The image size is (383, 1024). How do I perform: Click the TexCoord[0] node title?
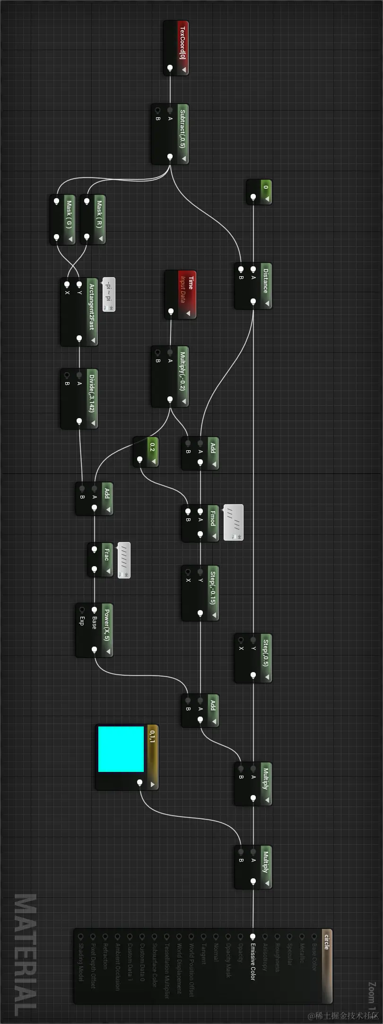183,43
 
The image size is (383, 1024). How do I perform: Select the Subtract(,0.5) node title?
183,129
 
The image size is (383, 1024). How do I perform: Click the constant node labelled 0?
265,188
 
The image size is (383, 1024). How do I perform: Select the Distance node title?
265,280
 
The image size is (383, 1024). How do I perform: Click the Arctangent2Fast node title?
91,306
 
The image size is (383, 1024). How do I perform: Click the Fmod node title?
212,518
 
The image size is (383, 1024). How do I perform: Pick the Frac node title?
106,554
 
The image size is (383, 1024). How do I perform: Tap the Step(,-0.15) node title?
212,587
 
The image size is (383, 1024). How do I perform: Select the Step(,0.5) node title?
265,653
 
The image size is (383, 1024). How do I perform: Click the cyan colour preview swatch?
121,749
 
